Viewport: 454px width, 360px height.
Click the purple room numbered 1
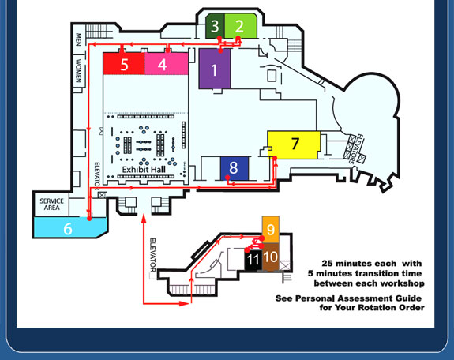[x=215, y=69]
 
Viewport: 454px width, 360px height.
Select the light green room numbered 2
[x=241, y=26]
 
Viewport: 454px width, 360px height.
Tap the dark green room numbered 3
[x=215, y=26]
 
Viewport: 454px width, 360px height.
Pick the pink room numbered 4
[x=167, y=64]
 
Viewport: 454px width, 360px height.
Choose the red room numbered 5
[x=124, y=64]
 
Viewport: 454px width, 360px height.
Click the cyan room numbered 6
[x=69, y=227]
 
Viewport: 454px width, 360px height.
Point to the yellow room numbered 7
[x=294, y=144]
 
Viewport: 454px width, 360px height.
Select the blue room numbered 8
[x=235, y=168]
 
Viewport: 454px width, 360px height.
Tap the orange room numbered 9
[x=271, y=230]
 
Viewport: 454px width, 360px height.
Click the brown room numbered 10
[x=271, y=257]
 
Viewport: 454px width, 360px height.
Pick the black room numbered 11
[x=253, y=259]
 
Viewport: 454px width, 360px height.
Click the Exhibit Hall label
[x=144, y=170]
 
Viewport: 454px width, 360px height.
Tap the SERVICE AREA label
[x=52, y=204]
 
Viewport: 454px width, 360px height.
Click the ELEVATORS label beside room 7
[x=355, y=148]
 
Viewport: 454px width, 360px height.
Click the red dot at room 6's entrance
[x=89, y=219]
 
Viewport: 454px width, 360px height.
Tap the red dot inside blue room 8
[x=227, y=177]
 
